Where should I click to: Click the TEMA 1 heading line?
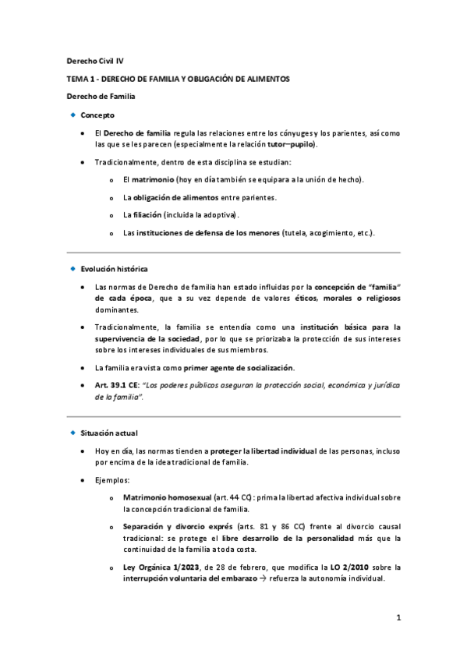click(177, 79)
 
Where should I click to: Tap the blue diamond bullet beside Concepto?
click(73, 115)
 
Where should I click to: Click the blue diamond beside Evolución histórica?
click(73, 268)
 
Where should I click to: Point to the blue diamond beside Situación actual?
click(73, 432)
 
